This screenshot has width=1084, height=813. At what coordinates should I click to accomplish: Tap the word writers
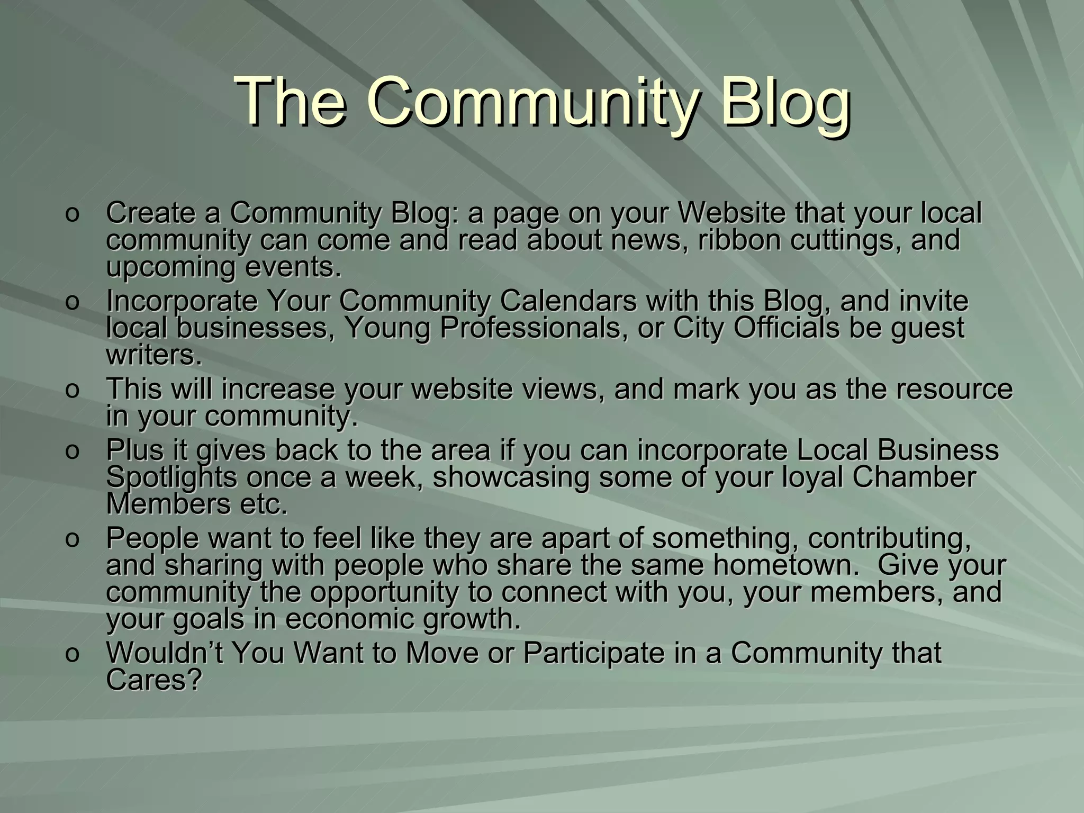pyautogui.click(x=154, y=356)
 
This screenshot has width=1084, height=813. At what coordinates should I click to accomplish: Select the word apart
pyautogui.click(x=579, y=538)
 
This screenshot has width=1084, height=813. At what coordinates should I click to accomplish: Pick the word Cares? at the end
pyautogui.click(x=154, y=681)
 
